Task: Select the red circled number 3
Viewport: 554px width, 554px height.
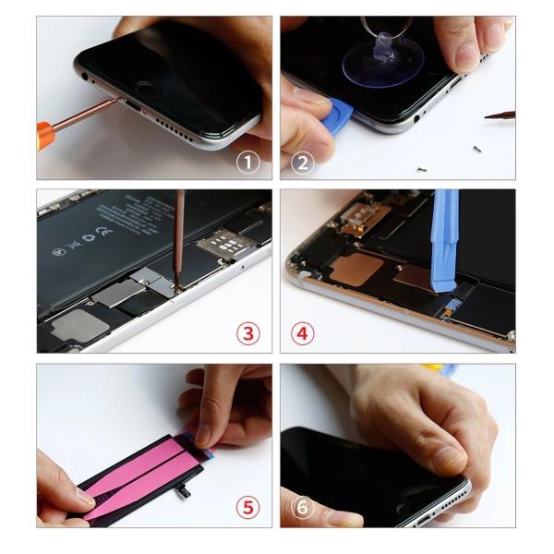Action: click(247, 333)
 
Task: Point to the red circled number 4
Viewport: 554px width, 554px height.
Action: click(303, 333)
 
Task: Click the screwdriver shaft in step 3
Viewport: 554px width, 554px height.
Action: click(179, 231)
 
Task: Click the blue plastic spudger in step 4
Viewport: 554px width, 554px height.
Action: click(446, 231)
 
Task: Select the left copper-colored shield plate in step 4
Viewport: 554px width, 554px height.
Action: click(355, 269)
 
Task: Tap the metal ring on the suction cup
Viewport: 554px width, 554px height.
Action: click(378, 26)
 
